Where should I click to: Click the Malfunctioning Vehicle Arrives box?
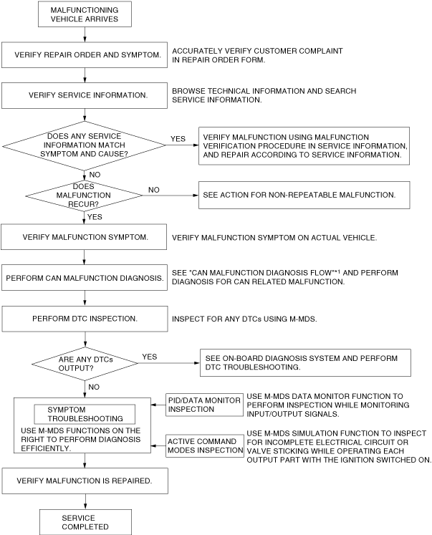click(85, 15)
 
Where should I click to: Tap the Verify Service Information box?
click(85, 95)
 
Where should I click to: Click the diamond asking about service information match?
click(85, 145)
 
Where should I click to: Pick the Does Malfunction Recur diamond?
click(85, 193)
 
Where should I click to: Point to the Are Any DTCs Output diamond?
click(85, 363)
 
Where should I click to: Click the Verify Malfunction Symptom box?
click(85, 236)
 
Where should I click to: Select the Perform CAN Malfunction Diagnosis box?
click(85, 276)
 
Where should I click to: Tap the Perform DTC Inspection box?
click(85, 317)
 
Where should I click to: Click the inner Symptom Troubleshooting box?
click(85, 413)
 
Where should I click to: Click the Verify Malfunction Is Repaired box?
click(85, 480)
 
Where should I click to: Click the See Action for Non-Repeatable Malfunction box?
click(304, 194)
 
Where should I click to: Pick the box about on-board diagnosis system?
click(304, 364)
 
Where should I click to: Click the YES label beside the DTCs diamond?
click(150, 356)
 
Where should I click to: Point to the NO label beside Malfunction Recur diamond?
click(153, 190)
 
